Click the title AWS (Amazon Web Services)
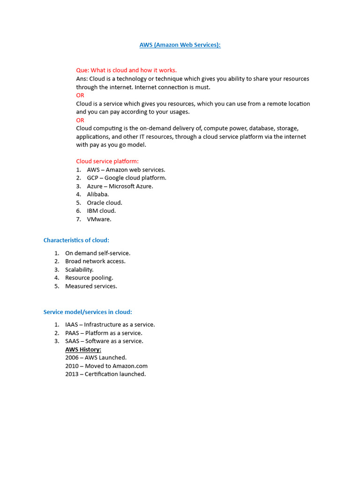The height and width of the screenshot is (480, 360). (x=180, y=45)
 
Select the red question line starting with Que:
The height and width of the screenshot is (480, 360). (x=126, y=70)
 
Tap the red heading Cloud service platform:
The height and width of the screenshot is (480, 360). (x=107, y=161)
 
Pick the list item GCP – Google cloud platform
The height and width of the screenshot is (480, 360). (x=127, y=178)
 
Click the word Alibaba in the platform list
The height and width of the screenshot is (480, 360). (x=97, y=194)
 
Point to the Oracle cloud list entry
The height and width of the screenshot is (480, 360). (x=105, y=202)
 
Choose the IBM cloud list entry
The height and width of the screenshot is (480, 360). (x=101, y=211)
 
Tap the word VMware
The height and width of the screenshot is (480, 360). (x=99, y=219)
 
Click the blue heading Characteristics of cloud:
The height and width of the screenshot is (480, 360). (x=76, y=240)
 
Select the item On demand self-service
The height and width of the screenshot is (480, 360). (x=97, y=253)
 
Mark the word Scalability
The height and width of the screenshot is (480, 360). (x=79, y=270)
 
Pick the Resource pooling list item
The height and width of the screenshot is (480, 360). (x=89, y=277)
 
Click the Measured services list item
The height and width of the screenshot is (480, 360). (x=91, y=286)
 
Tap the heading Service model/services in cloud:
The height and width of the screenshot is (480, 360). (x=88, y=312)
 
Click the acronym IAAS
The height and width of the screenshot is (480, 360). (x=72, y=324)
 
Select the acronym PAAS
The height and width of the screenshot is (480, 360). (x=72, y=333)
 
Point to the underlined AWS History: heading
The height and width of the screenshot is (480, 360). (x=83, y=349)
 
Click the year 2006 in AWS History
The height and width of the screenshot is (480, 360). (x=72, y=358)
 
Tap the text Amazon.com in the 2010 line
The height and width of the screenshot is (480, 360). (x=130, y=366)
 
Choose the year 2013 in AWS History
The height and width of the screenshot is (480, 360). (x=72, y=374)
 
